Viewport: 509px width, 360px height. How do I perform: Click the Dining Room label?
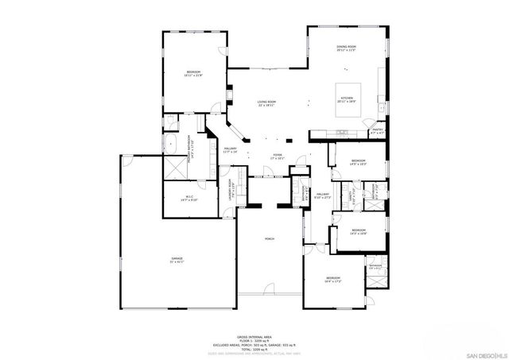point(346,48)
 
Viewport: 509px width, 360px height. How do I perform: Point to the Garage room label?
point(176,260)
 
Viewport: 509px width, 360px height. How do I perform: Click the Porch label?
point(270,239)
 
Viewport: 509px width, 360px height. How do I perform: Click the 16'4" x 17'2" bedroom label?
point(332,279)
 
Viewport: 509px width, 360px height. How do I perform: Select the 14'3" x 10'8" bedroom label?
point(358,232)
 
